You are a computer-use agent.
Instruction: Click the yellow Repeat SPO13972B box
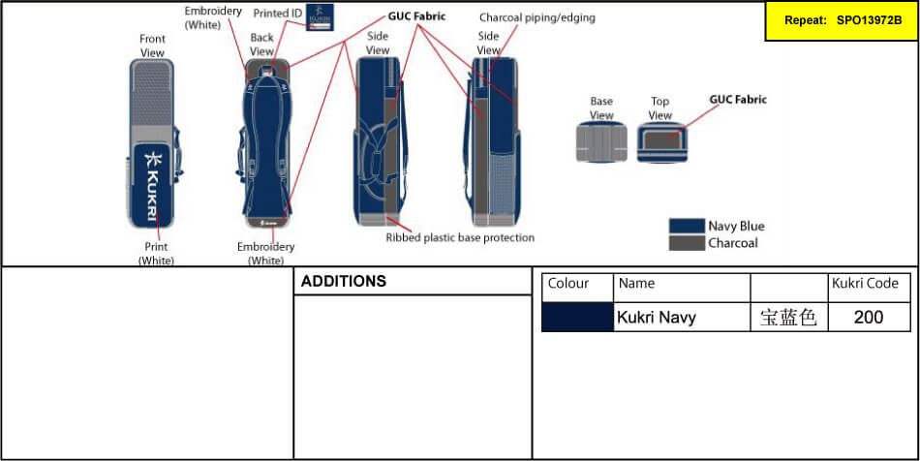click(840, 20)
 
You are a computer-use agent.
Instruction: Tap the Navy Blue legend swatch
click(686, 226)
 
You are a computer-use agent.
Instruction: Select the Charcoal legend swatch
click(686, 243)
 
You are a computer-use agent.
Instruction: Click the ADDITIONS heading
click(344, 282)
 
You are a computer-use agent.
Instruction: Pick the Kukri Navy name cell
click(657, 317)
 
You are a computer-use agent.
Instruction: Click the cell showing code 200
click(869, 317)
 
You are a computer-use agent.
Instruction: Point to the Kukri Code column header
click(865, 284)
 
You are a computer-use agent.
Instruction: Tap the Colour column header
click(568, 284)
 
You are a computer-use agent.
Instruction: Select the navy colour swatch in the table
click(577, 317)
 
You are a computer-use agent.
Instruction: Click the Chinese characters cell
click(788, 317)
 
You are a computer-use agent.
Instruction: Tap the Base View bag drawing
click(601, 143)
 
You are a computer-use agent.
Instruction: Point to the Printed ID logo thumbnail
click(321, 17)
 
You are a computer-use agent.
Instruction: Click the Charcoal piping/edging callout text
click(537, 17)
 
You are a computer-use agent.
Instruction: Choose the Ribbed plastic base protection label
click(460, 237)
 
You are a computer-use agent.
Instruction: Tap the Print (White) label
click(156, 254)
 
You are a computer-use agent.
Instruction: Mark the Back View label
click(262, 44)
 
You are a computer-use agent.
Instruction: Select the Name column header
click(636, 284)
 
